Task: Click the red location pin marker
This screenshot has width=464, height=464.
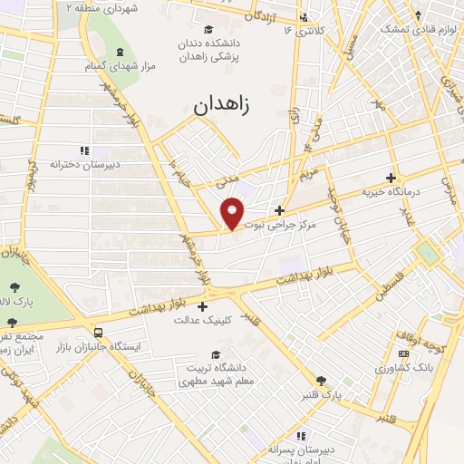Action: pyautogui.click(x=233, y=212)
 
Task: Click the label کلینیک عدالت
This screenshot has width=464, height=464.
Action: pyautogui.click(x=204, y=320)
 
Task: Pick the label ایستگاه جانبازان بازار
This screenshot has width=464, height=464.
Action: pyautogui.click(x=89, y=347)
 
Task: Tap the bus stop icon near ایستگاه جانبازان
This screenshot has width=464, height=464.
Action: pyautogui.click(x=98, y=332)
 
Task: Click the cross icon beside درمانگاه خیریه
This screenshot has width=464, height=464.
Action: pyautogui.click(x=391, y=178)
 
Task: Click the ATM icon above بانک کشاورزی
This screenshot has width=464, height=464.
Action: pyautogui.click(x=403, y=353)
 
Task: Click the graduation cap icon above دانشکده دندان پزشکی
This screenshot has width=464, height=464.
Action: pyautogui.click(x=211, y=29)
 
